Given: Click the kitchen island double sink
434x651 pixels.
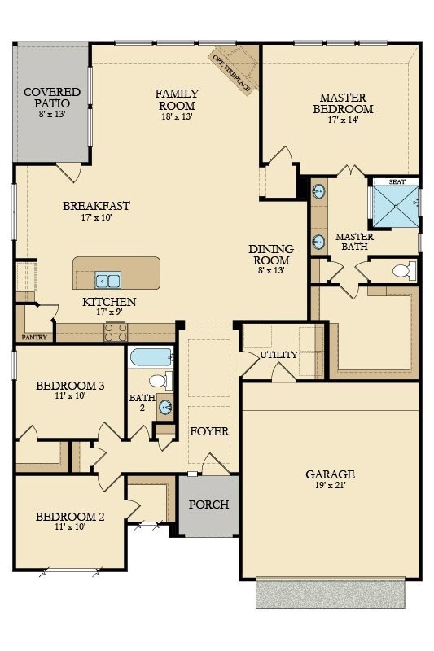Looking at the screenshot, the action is (x=108, y=280).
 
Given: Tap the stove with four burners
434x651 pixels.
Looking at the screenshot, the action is (x=116, y=332).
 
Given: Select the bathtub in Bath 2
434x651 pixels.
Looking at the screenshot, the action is (x=151, y=356).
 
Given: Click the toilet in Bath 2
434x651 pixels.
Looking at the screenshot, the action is (x=160, y=381).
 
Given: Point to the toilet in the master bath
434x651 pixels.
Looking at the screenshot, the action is (x=404, y=271).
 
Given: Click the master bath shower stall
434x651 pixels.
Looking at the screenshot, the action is (x=396, y=207).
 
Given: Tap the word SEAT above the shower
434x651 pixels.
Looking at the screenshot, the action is (x=397, y=181).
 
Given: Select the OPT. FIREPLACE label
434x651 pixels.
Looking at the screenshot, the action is (x=231, y=72).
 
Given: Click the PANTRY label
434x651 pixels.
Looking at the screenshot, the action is (x=34, y=337).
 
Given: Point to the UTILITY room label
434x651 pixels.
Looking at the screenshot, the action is (x=278, y=355).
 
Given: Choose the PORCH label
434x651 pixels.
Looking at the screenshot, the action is (x=209, y=505).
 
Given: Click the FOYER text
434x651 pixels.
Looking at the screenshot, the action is (x=209, y=431).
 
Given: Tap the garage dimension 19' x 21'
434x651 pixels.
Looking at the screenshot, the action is (x=330, y=485).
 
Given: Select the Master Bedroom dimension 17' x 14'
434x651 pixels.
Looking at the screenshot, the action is (x=343, y=120).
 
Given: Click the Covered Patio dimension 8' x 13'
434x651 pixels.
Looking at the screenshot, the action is (x=52, y=114).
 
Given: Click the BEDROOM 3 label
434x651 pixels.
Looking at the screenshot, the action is (x=70, y=386).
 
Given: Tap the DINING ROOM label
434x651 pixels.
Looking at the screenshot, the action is (x=271, y=255).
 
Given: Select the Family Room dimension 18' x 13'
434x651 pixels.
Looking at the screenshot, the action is (x=177, y=116).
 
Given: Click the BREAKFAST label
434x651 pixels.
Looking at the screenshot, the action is (x=96, y=206).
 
